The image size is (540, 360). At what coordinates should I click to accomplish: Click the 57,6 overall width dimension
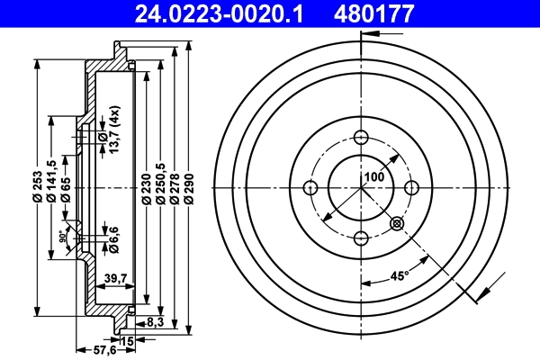click(x=83, y=349)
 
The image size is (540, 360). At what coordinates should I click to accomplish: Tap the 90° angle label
click(x=62, y=239)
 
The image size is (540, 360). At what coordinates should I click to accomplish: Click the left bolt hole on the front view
click(x=311, y=187)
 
